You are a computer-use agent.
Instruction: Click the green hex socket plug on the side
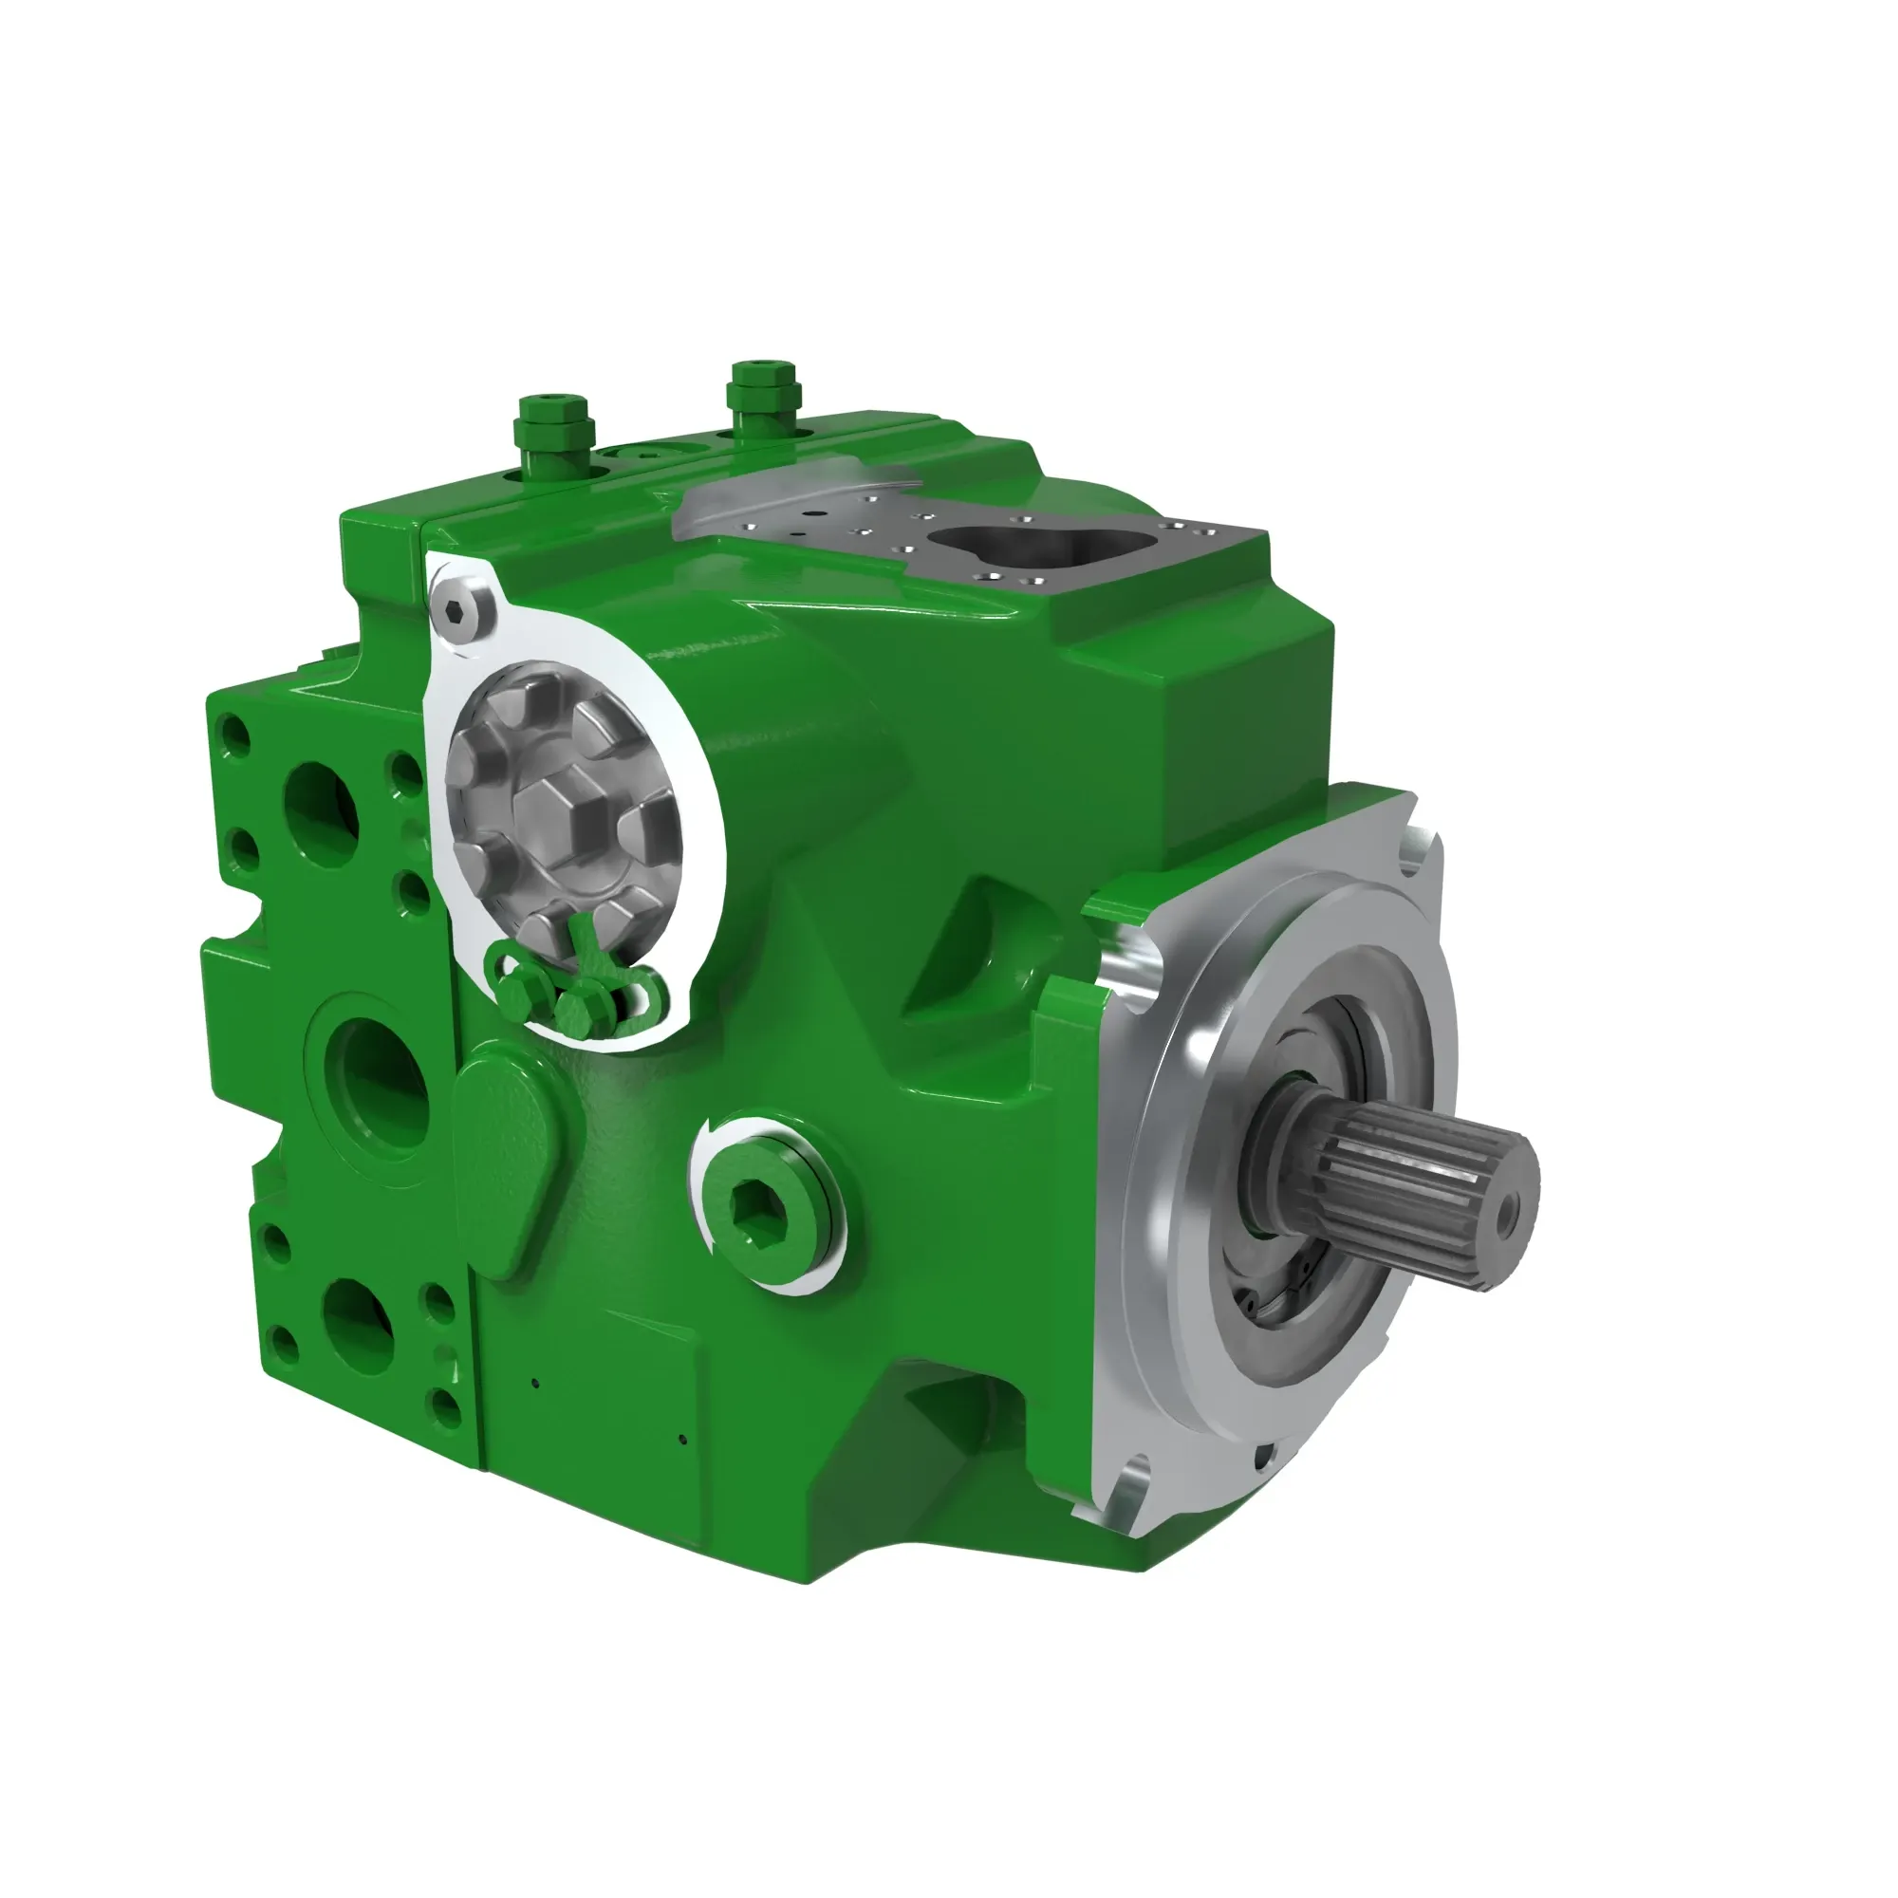pyautogui.click(x=761, y=1200)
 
